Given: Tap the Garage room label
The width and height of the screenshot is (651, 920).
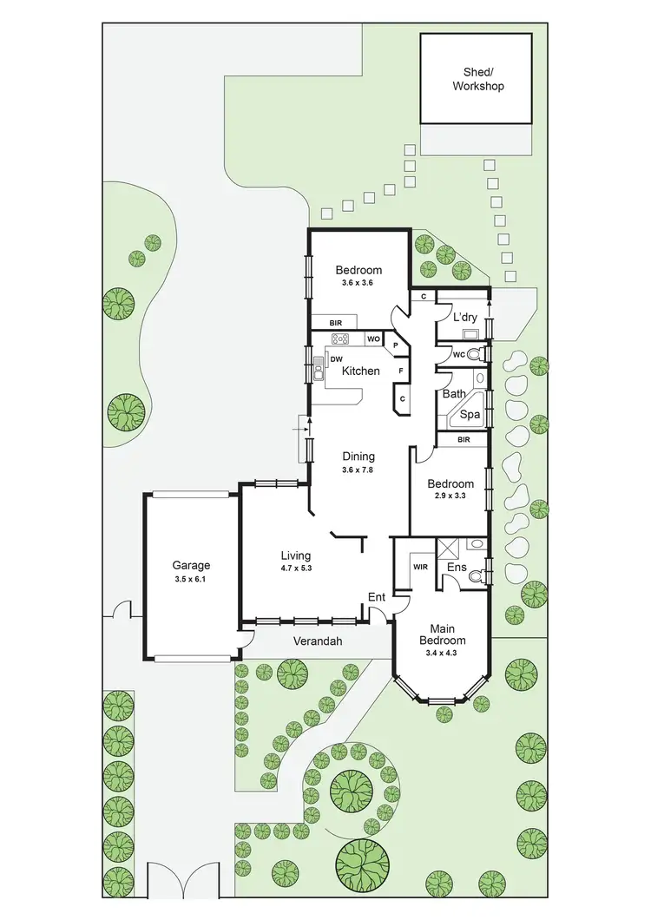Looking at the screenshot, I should click(191, 565).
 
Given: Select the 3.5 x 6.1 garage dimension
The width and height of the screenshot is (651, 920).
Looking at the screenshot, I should click(191, 579).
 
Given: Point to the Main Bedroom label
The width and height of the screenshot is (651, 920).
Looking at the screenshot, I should click(443, 635).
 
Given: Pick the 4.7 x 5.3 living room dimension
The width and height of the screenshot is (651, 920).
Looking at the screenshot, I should click(296, 569).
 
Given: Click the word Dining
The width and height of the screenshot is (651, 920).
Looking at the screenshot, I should click(358, 457).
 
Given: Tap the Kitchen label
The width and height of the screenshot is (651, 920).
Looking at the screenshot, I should click(360, 371).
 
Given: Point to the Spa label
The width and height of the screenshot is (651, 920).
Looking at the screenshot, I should click(470, 415).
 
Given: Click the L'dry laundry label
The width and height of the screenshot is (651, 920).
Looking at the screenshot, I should click(464, 318).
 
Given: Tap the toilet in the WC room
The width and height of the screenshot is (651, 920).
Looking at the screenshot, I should click(475, 353).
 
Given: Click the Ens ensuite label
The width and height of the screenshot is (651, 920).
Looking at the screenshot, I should click(457, 568).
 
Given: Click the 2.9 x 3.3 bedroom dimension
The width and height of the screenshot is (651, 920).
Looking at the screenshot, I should click(450, 497).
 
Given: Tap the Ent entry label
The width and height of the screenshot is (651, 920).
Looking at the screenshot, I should click(377, 597).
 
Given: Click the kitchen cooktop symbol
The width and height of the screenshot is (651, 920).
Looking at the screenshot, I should click(339, 338).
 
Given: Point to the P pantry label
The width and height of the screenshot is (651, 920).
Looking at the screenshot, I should click(395, 345).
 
